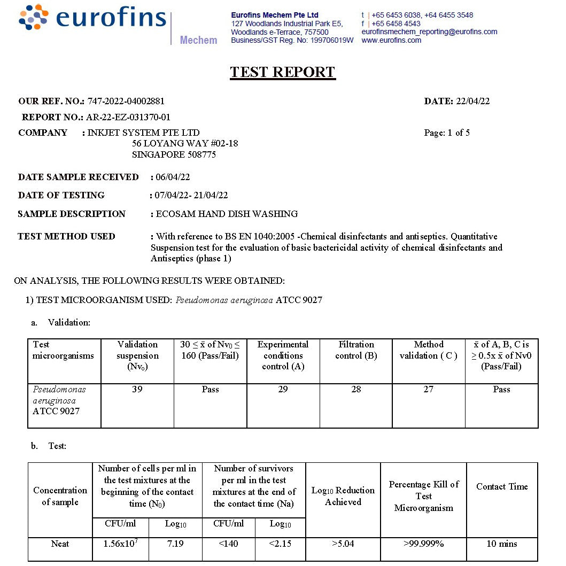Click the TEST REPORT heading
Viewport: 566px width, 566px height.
283,72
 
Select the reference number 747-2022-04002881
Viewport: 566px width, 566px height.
126,101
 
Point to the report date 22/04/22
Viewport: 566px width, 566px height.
472,101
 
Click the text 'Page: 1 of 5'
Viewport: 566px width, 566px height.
447,133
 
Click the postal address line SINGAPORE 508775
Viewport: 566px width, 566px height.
174,155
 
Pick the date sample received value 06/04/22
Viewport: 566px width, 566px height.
173,177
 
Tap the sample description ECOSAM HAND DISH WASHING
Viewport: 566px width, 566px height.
227,214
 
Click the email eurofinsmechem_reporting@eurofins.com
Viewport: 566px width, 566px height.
429,32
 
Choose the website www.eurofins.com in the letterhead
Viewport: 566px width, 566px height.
391,40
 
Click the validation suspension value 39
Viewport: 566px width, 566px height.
137,390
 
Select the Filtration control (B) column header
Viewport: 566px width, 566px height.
356,350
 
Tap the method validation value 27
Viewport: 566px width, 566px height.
428,390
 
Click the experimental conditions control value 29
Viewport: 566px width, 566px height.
283,390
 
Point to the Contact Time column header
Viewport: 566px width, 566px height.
502,486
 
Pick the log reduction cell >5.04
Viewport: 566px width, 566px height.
343,544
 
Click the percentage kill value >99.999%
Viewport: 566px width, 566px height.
423,544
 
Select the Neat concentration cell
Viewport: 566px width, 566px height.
60,544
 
